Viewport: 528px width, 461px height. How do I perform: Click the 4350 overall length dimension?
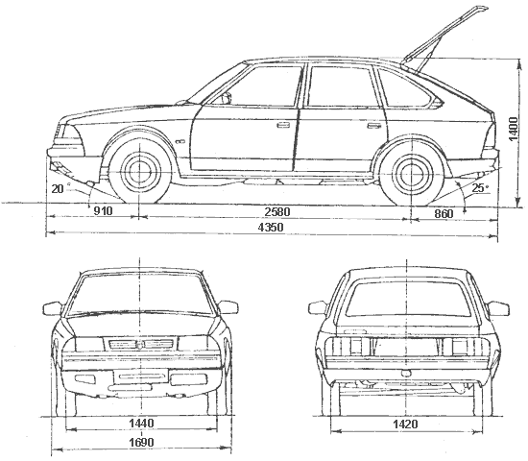tap(271, 227)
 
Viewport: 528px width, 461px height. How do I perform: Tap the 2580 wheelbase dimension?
tap(277, 212)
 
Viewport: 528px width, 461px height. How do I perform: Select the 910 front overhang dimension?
tap(103, 211)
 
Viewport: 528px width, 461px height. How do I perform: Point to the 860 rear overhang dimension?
tap(444, 213)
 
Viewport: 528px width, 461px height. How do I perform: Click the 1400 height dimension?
tap(514, 129)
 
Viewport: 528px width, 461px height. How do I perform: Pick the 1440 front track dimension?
tap(141, 424)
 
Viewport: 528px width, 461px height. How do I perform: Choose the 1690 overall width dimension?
tap(141, 443)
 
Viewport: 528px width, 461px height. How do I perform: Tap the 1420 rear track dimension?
tap(405, 425)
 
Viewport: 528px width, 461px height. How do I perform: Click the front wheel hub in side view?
tap(139, 172)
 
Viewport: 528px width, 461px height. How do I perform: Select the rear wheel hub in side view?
tap(411, 172)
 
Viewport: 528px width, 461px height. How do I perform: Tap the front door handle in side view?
tap(283, 125)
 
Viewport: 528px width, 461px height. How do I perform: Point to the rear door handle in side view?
tap(373, 126)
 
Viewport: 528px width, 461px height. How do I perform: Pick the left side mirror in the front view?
tap(53, 308)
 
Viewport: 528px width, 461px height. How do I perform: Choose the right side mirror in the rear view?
tap(498, 308)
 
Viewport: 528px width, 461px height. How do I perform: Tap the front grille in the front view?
tap(141, 344)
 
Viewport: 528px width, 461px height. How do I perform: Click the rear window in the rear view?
tap(408, 300)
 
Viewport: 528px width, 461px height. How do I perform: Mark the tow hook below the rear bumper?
tap(407, 373)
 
